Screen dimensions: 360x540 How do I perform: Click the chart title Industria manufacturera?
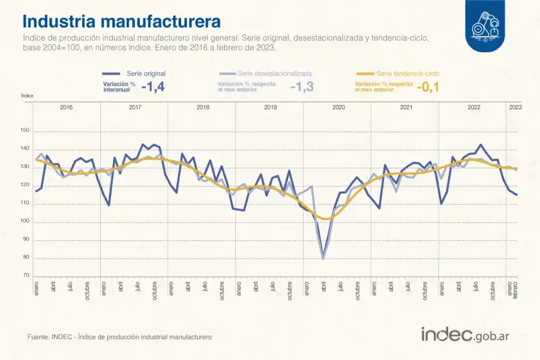coord(121,22)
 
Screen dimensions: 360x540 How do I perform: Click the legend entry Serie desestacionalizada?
coord(274,73)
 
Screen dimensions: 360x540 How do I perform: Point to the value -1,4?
coord(152,87)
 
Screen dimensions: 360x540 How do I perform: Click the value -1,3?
coord(301,87)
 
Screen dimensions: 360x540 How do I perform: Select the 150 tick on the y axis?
coord(25,131)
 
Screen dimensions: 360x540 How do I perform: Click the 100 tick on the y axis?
coord(25,222)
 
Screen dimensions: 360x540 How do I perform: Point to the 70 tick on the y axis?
coord(26,276)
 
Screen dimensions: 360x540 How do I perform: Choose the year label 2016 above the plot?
coord(66,107)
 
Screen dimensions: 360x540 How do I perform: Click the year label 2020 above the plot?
coord(338,107)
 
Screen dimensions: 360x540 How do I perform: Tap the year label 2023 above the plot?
coord(515,107)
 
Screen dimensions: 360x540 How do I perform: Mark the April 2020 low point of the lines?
coord(323,258)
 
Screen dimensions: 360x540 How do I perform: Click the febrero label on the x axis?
coord(516,290)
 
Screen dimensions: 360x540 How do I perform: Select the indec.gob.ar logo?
coord(466,335)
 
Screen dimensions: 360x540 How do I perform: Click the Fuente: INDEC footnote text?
coord(119,337)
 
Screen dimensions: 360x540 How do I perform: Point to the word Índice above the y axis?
coord(27,95)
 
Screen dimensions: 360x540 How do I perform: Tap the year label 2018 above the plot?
coord(202,107)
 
